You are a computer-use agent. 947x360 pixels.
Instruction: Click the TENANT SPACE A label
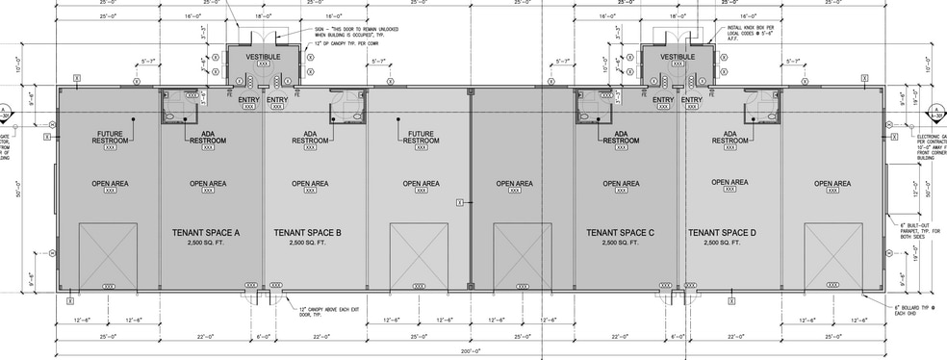(205, 233)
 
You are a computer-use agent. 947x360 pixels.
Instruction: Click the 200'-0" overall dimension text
(471, 353)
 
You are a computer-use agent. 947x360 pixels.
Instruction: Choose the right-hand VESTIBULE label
(678, 57)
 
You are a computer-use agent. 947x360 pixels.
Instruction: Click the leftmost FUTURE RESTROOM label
(109, 137)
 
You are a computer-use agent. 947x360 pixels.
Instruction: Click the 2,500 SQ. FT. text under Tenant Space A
(205, 244)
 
